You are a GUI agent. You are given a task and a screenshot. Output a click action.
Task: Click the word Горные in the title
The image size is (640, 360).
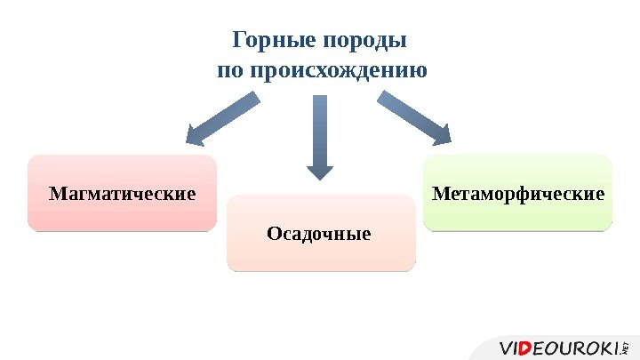click(265, 41)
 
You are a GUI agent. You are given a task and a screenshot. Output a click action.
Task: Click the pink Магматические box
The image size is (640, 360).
click(122, 193)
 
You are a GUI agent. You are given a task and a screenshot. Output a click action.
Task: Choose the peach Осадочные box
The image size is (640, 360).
click(321, 234)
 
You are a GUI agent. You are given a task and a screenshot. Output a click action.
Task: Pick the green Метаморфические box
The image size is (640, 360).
click(518, 193)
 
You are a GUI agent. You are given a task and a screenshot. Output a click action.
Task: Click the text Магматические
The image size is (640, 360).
click(122, 193)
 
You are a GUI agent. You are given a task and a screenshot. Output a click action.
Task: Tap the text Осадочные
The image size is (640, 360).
click(319, 235)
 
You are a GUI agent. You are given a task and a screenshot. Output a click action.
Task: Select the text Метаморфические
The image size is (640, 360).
click(518, 193)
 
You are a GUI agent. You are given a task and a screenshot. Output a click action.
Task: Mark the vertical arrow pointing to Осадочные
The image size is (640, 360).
click(320, 133)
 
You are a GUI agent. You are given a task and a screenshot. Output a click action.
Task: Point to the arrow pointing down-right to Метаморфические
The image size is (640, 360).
click(414, 118)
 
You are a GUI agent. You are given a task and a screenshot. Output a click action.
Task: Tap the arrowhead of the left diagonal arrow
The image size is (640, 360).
click(196, 136)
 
